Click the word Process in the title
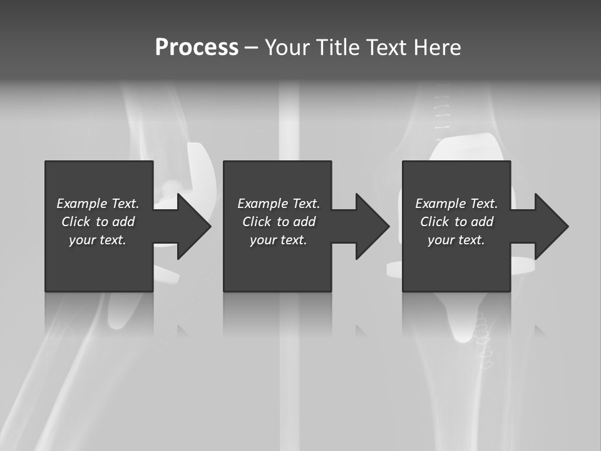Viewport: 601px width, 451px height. click(x=197, y=48)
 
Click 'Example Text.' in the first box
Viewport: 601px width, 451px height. click(x=98, y=204)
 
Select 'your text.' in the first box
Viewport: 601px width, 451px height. click(x=98, y=240)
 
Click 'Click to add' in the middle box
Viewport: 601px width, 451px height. click(x=279, y=222)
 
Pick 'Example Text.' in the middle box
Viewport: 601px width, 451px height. click(x=279, y=204)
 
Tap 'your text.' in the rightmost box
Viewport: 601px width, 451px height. click(x=456, y=240)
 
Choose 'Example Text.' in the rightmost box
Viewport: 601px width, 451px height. click(x=456, y=204)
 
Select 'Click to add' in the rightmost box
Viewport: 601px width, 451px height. click(x=456, y=222)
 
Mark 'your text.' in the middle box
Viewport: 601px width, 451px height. click(x=279, y=240)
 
